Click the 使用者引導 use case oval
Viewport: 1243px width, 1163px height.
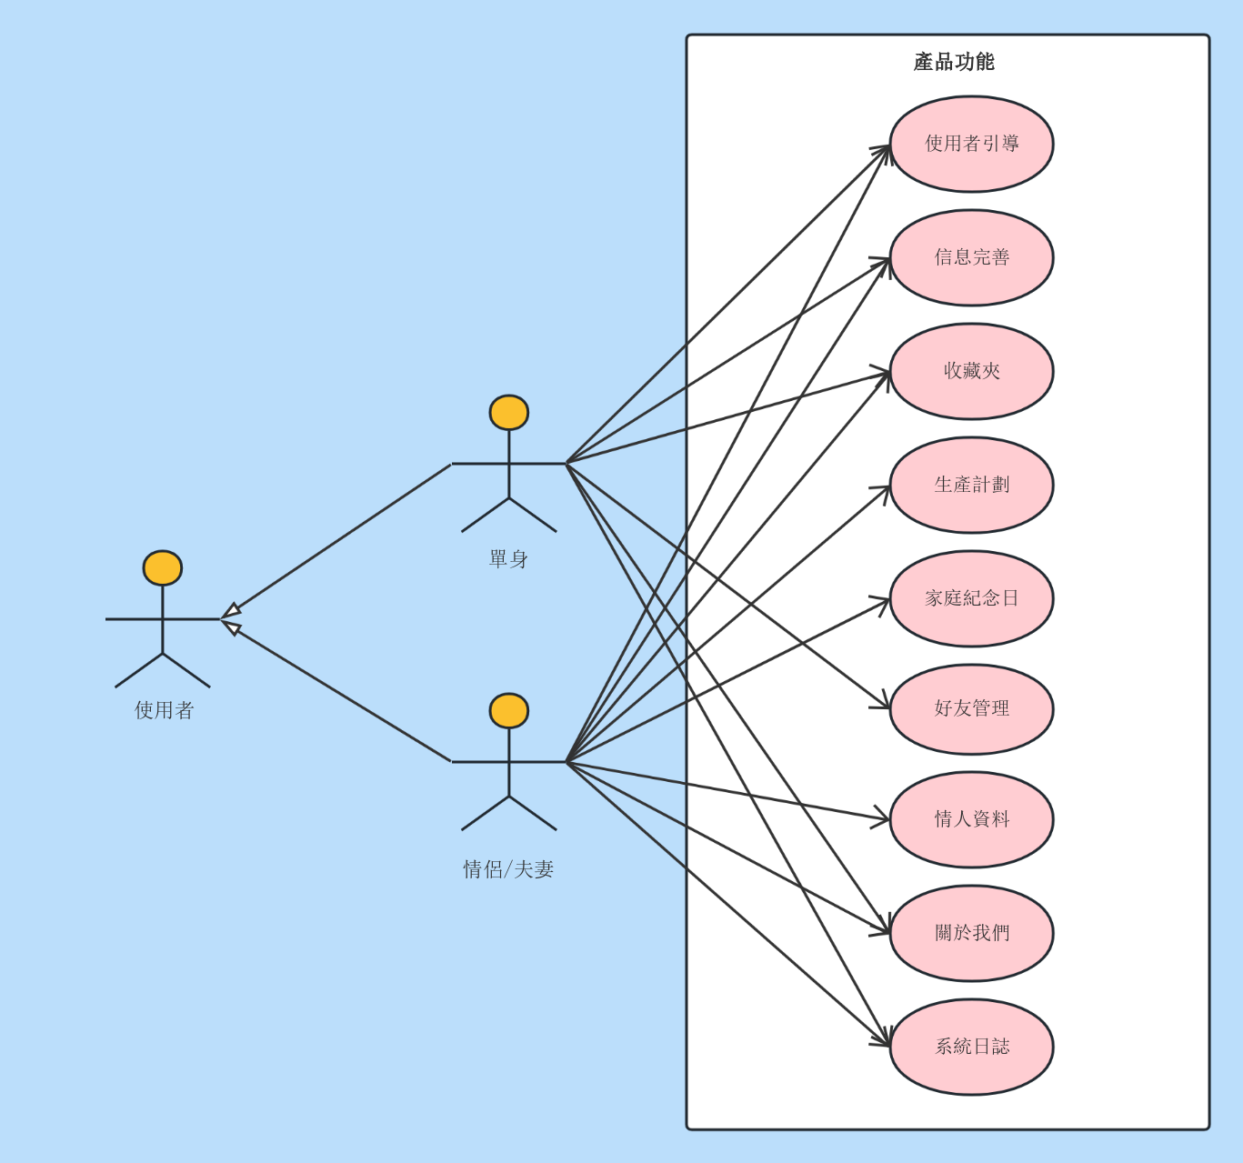(x=971, y=144)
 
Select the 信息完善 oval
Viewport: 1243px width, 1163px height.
(x=971, y=258)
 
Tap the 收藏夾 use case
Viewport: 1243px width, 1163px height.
(x=971, y=371)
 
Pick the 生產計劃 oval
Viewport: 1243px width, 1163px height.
(x=971, y=485)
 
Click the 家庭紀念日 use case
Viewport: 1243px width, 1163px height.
(x=971, y=599)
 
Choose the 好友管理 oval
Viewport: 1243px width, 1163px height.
(x=971, y=709)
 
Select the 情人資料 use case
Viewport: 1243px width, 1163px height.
(x=971, y=819)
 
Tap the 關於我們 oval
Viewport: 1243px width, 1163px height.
(x=971, y=933)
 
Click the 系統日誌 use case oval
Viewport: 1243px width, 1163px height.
(x=971, y=1048)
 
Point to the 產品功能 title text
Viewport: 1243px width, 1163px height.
(x=954, y=62)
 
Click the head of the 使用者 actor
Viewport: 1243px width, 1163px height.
(x=163, y=567)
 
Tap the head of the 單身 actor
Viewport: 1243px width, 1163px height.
(x=509, y=412)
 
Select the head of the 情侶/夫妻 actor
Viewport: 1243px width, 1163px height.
(x=509, y=710)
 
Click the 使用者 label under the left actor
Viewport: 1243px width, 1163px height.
(x=164, y=710)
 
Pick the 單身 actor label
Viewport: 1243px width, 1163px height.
(x=508, y=558)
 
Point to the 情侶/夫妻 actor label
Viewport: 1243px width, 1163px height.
(x=508, y=868)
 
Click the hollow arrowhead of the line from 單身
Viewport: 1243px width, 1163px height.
(x=232, y=611)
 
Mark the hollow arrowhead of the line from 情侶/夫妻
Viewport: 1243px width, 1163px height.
(x=232, y=627)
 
